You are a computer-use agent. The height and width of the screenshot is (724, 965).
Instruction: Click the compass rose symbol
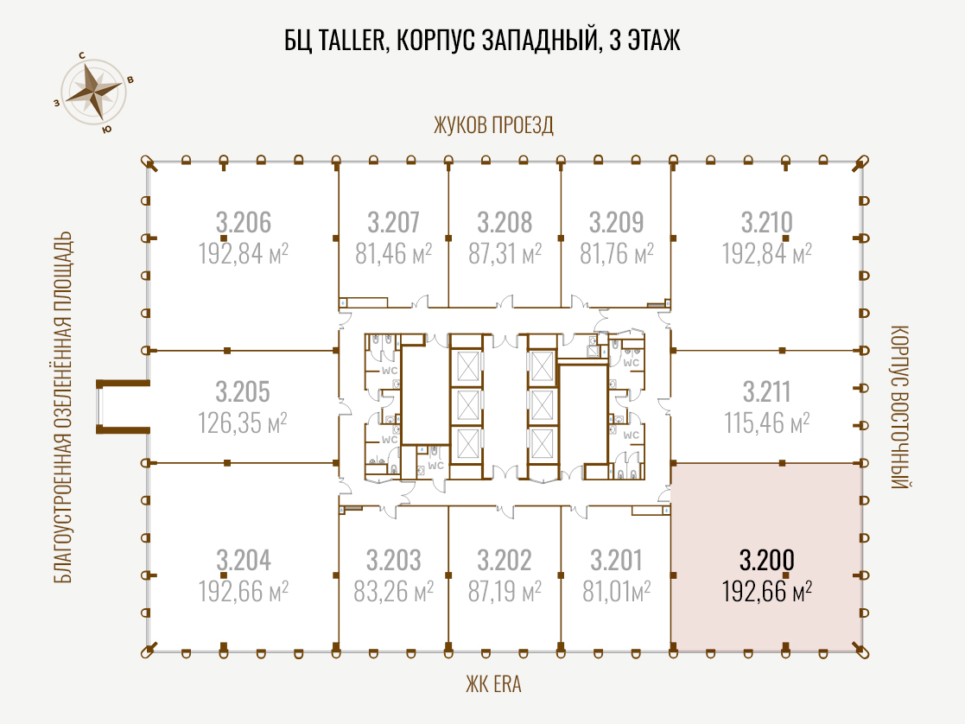point(93,92)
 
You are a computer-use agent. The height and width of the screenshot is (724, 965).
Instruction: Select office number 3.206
point(243,222)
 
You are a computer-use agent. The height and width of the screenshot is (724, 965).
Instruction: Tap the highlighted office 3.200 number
point(767,560)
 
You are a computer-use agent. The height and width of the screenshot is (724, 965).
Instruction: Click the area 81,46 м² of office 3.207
point(393,253)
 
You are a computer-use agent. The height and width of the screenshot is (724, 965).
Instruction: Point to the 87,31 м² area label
point(505,253)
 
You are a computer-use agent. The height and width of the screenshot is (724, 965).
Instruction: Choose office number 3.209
point(616,222)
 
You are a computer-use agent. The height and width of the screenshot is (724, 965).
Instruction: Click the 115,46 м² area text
point(767,423)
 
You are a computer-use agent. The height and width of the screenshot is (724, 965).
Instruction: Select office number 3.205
point(243,391)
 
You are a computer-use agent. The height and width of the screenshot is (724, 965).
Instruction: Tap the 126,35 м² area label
point(243,423)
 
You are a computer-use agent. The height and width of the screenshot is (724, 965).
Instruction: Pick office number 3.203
point(393,560)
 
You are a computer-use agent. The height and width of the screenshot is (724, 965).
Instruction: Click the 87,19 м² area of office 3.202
point(505,592)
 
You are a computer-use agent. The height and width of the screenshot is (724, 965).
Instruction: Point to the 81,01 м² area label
point(617,592)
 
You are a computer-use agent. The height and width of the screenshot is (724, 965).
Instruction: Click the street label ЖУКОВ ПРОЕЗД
point(493,125)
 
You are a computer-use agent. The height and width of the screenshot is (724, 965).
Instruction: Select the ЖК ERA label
point(493,684)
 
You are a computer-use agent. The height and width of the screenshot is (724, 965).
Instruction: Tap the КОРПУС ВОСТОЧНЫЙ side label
point(899,407)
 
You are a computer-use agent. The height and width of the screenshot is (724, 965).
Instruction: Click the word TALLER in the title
point(352,40)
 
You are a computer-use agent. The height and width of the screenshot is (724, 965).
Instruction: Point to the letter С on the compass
point(82,55)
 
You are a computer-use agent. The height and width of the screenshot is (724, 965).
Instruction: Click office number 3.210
point(767,222)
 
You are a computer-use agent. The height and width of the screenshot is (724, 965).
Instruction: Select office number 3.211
point(767,391)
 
